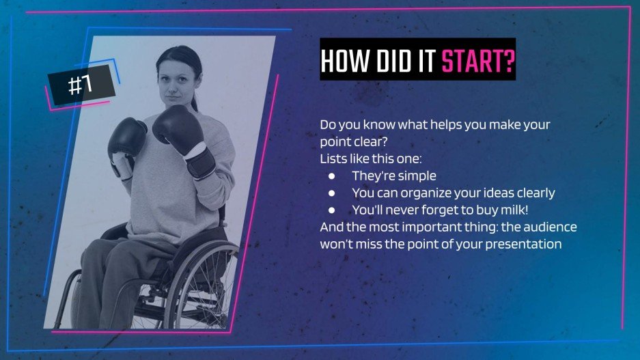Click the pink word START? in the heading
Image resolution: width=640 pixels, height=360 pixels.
[x=478, y=61]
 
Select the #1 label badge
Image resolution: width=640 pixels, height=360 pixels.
[x=81, y=85]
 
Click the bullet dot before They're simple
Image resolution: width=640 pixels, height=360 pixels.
[x=331, y=176]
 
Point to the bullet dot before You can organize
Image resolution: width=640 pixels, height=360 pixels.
[x=331, y=193]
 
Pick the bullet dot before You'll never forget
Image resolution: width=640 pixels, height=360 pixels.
[x=331, y=210]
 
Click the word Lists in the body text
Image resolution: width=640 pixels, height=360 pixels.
[x=331, y=158]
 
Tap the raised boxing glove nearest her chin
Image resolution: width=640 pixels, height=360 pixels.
[x=179, y=124]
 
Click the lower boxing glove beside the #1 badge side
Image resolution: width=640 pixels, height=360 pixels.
[x=126, y=138]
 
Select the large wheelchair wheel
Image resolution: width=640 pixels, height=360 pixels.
[x=200, y=286]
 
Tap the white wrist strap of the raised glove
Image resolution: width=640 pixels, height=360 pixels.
[x=196, y=150]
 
